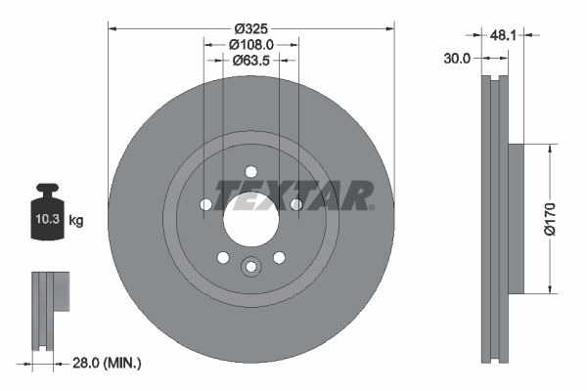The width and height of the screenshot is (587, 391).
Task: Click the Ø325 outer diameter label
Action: pos(250,26)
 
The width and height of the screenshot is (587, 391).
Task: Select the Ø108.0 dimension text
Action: pos(250,43)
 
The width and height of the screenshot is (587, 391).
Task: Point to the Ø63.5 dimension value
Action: pos(250,60)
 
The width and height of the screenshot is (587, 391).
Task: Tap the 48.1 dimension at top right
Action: pos(502,34)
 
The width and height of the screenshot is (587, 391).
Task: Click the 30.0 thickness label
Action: pos(456,58)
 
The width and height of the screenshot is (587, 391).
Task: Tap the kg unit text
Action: pos(76,221)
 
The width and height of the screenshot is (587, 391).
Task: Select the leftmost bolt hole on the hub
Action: pos(205,204)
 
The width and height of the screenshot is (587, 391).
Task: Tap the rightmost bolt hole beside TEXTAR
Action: pos(295,203)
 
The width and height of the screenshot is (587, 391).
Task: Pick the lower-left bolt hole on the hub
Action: pos(223,257)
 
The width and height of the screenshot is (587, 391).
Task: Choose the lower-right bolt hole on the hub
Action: pos(279,257)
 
